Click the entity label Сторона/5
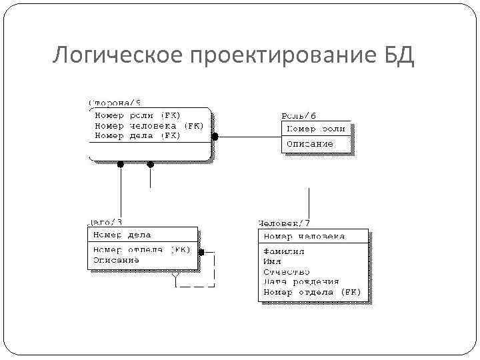(x=115, y=102)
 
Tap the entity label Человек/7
(x=284, y=223)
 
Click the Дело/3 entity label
(x=105, y=221)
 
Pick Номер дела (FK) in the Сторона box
(x=137, y=135)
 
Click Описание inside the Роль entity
(x=309, y=143)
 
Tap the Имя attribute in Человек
(x=273, y=262)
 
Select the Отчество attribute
(x=287, y=272)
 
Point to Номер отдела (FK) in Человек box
(x=311, y=292)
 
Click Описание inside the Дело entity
(x=116, y=260)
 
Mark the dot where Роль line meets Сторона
(x=215, y=137)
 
